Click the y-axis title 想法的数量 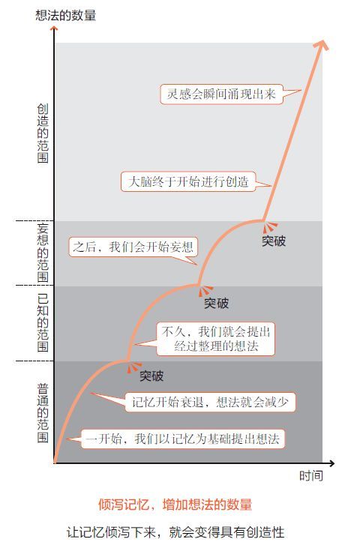coord(66,16)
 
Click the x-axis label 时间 coord(310,475)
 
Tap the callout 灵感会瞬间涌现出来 coord(221,94)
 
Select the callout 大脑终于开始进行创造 coord(188,181)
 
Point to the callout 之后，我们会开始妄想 coord(133,247)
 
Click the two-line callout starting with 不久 coord(216,339)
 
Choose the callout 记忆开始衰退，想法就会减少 coord(210,402)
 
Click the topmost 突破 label coord(274,241)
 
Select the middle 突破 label coord(216,303)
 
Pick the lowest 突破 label coord(151,376)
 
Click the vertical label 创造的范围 coord(43,133)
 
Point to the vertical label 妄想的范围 coord(43,253)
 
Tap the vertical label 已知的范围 coord(43,322)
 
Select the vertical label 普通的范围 coord(43,413)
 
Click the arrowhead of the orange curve coord(322,45)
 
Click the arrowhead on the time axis coord(331,463)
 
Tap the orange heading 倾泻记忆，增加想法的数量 coord(175,505)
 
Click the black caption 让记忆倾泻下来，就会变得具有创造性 coord(175,532)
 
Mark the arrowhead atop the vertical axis coord(54,29)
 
